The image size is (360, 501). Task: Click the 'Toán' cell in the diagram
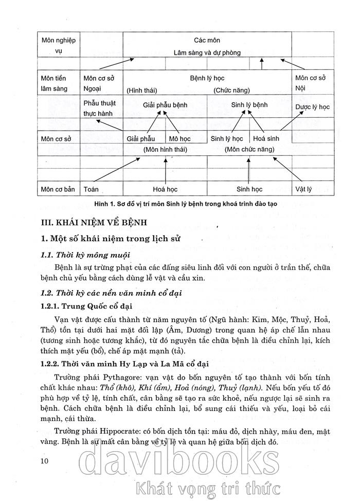(x=91, y=189)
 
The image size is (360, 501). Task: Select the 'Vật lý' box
(x=303, y=189)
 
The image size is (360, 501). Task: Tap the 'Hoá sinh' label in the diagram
(x=265, y=139)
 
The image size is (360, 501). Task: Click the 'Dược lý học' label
(x=312, y=107)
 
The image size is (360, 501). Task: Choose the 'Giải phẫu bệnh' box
(x=165, y=105)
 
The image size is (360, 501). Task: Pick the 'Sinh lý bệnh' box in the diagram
(x=249, y=105)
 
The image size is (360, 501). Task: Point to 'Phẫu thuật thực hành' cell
(x=100, y=108)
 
